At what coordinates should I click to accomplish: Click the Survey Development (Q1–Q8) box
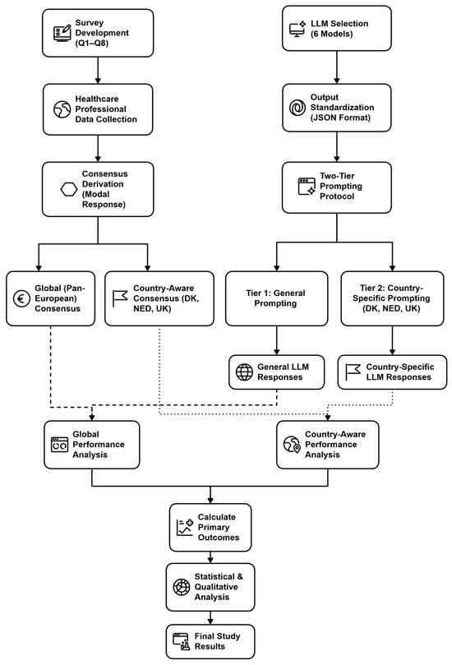point(98,33)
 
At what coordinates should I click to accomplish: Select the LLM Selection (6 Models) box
point(337,29)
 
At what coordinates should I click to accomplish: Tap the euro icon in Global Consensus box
point(21,298)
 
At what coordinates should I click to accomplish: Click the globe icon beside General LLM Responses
point(244,372)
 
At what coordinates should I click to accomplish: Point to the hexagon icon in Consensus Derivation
point(69,189)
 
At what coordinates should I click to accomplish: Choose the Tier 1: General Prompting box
point(276,298)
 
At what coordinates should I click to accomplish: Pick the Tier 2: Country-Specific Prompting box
point(392,298)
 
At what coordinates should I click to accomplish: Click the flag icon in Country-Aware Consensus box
point(119,298)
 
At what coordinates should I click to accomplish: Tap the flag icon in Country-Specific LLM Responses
point(353,372)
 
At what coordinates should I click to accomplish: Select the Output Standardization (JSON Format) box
point(337,108)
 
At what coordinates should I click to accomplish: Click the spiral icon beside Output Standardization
point(297,108)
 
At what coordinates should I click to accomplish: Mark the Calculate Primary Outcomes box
point(210,528)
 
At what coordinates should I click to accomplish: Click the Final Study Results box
point(210,641)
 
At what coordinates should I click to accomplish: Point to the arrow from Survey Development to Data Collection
point(98,71)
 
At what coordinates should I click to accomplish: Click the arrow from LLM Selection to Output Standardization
point(337,67)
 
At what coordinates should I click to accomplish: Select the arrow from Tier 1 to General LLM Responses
point(276,340)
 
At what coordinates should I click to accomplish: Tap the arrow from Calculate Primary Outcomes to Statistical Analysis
point(210,557)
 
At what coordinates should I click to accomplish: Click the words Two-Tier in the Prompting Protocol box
point(337,176)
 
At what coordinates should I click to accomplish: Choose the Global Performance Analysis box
point(91,445)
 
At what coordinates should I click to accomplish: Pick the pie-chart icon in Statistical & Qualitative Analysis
point(182,587)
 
